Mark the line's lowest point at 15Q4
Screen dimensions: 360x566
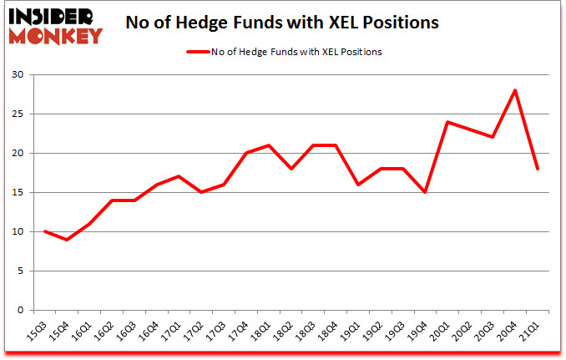[66, 240]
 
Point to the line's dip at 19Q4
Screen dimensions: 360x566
[426, 192]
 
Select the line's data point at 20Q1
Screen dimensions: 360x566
[448, 122]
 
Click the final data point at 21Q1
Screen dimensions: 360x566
[538, 169]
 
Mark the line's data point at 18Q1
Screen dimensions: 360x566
[268, 145]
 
